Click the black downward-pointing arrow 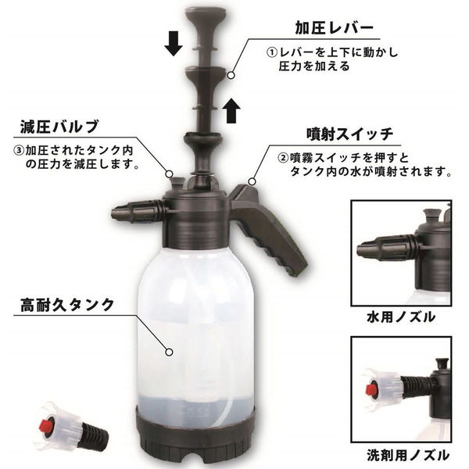tap(174, 45)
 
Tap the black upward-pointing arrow tap(229, 111)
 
